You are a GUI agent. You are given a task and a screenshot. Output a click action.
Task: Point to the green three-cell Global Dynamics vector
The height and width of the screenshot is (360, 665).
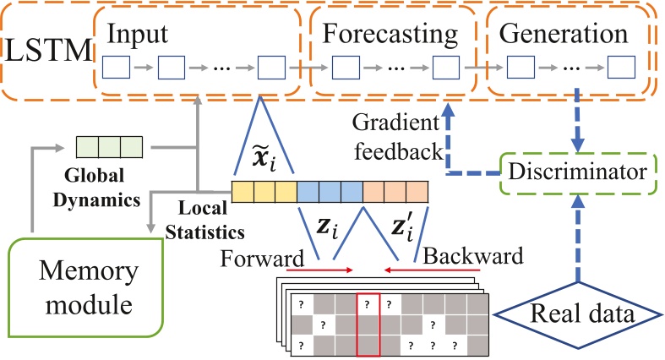point(109,148)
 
